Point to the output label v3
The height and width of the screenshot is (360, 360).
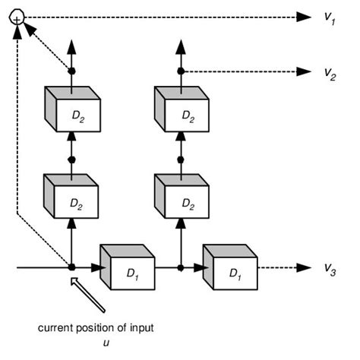click(329, 268)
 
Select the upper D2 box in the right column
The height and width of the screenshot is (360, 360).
click(182, 114)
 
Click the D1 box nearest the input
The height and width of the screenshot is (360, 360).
click(127, 268)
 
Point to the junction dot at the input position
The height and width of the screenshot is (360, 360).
click(71, 267)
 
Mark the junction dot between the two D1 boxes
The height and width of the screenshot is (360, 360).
click(182, 267)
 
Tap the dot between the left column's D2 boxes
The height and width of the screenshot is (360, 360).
click(71, 159)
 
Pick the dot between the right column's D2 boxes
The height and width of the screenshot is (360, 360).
click(182, 159)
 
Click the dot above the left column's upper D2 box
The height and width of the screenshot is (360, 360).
click(71, 71)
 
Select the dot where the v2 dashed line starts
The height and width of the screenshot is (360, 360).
click(182, 71)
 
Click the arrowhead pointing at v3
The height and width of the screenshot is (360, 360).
click(305, 267)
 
